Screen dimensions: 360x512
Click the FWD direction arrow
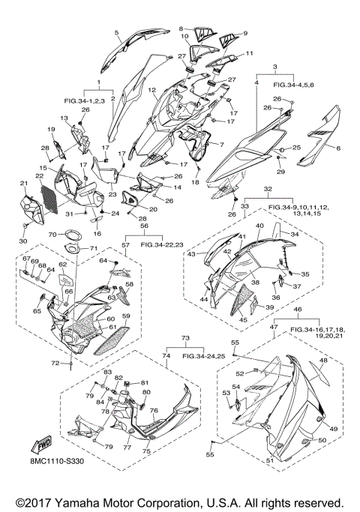[41, 445]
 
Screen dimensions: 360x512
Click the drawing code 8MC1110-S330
[55, 461]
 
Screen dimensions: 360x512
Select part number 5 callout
[116, 32]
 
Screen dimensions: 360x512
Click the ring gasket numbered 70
[73, 235]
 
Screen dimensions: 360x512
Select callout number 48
[323, 361]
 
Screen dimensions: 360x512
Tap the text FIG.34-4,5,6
[294, 85]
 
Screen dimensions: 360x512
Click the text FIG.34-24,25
[204, 356]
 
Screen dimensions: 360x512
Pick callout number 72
[55, 363]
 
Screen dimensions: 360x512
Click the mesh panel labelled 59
[112, 340]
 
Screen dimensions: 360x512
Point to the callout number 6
[338, 148]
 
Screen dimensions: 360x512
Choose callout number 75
[146, 451]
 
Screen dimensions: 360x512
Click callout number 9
[245, 33]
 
